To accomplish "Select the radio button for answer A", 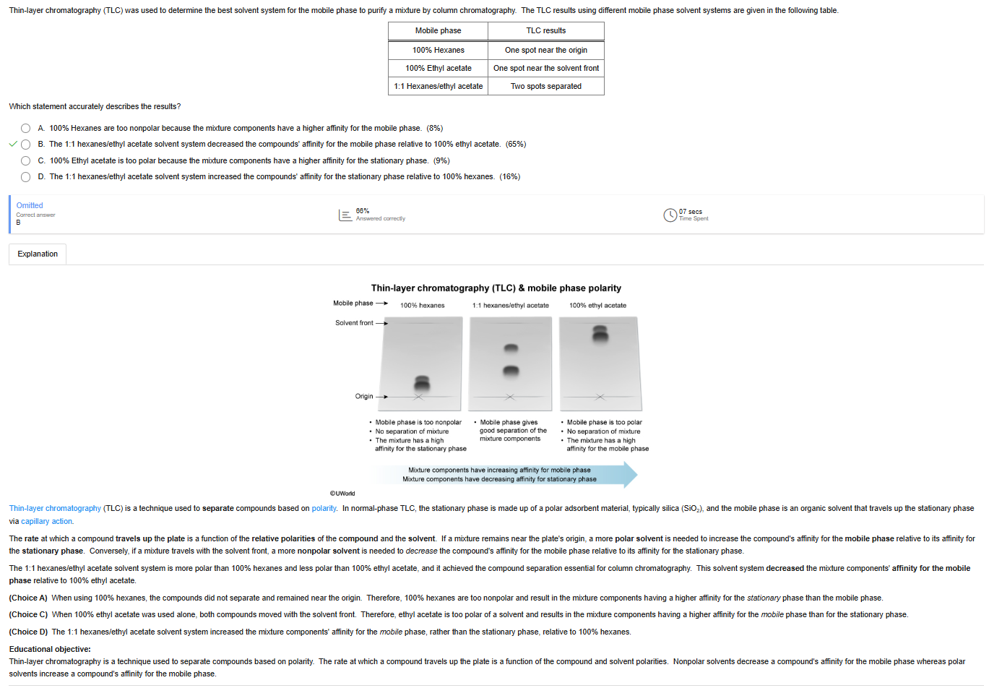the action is (25, 129).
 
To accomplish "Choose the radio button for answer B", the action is (25, 145).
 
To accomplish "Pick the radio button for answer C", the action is (25, 160).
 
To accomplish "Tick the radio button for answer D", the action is (25, 177).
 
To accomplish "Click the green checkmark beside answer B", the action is (13, 144).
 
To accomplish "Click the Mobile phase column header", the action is (438, 31).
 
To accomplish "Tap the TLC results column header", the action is (545, 31).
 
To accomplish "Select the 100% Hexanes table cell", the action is (438, 51).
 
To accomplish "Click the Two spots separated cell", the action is (545, 86).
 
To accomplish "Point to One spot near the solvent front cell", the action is (545, 69).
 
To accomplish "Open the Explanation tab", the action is (38, 254).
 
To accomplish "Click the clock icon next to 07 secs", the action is (670, 215).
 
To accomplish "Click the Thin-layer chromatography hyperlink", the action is (55, 508).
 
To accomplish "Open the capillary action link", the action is (46, 521).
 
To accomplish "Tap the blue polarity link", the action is (324, 508).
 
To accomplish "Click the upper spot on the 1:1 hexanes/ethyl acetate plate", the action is (511, 348).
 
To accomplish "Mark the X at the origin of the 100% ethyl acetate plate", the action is (600, 397).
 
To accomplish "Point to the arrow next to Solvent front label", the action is (382, 323).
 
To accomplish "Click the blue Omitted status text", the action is (30, 205).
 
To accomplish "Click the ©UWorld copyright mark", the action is (342, 494).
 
